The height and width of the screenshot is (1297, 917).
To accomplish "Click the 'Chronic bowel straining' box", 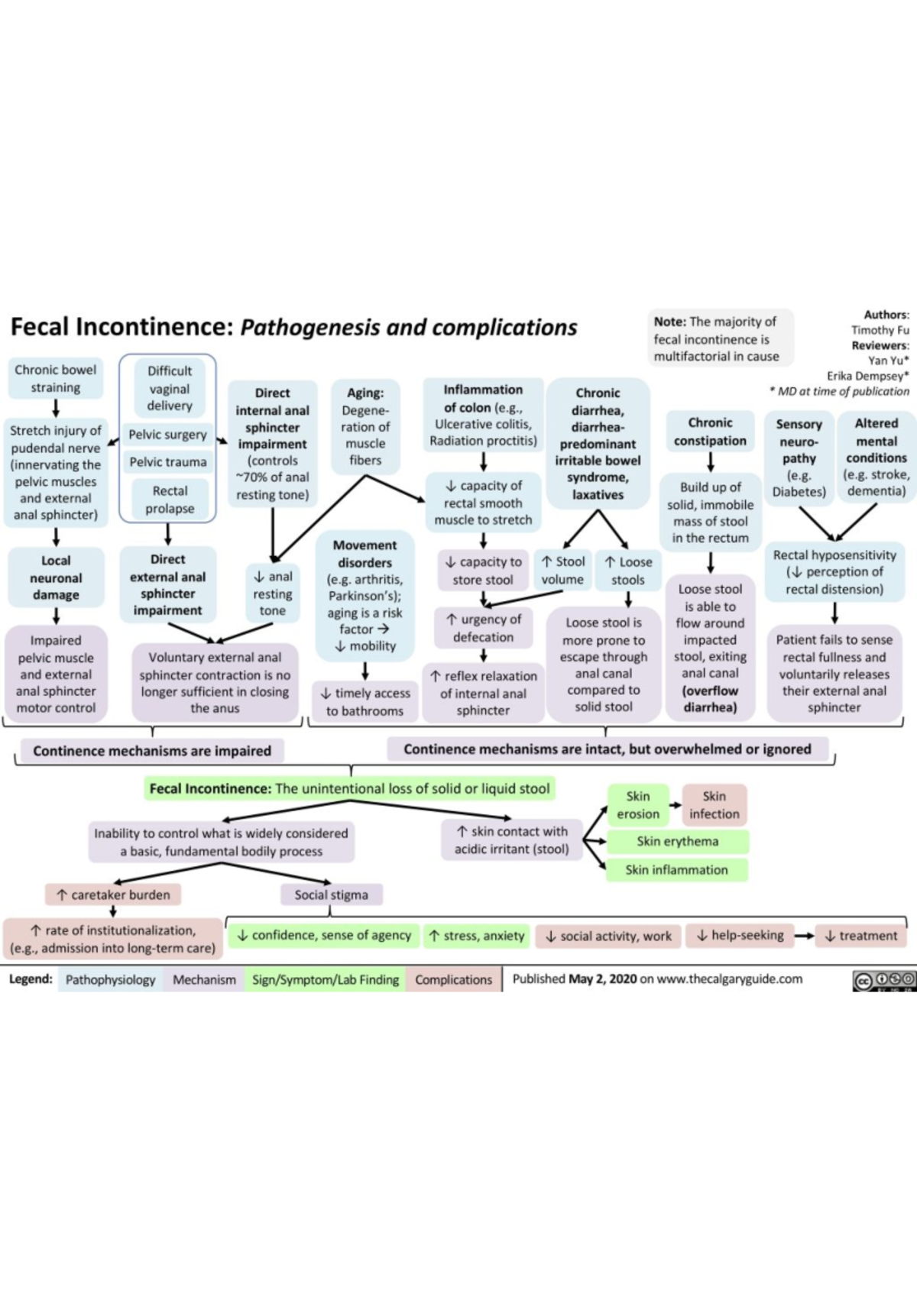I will pyautogui.click(x=56, y=379).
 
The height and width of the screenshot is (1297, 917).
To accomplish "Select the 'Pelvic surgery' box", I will pyautogui.click(x=167, y=435).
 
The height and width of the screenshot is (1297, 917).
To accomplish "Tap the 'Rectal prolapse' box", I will pyautogui.click(x=170, y=500).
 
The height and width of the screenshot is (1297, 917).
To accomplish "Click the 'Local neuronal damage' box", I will pyautogui.click(x=56, y=577).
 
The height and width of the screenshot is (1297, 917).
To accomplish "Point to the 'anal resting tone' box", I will pyautogui.click(x=273, y=594).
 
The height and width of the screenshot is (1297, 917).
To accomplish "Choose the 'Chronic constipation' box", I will pyautogui.click(x=710, y=432).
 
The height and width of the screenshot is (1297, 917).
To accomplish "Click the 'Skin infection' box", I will pyautogui.click(x=714, y=805).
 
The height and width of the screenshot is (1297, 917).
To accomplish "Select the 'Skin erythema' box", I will pyautogui.click(x=677, y=841).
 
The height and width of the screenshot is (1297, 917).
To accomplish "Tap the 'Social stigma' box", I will pyautogui.click(x=331, y=894).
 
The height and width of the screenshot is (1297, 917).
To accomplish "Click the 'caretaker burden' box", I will pyautogui.click(x=113, y=894).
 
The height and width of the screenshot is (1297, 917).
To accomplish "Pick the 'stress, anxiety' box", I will pyautogui.click(x=477, y=936).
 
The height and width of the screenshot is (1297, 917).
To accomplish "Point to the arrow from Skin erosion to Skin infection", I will pyautogui.click(x=676, y=804).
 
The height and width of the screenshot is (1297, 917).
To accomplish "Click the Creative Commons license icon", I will pyautogui.click(x=883, y=980).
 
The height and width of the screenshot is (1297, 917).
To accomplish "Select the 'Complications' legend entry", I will pyautogui.click(x=454, y=979).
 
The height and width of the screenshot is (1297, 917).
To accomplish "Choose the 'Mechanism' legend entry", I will pyautogui.click(x=204, y=979).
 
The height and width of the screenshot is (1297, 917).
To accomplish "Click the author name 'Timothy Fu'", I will pyautogui.click(x=880, y=330).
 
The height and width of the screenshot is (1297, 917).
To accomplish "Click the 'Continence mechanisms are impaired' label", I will pyautogui.click(x=151, y=751).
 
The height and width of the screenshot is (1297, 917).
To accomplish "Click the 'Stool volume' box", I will pyautogui.click(x=562, y=571).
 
